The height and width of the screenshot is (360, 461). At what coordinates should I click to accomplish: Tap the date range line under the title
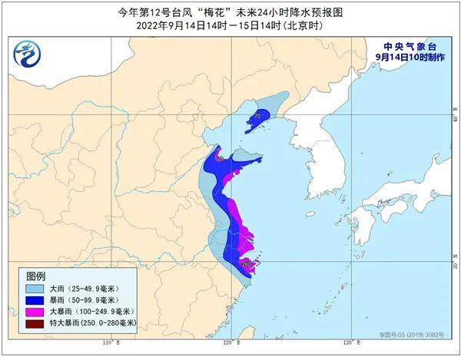(230, 25)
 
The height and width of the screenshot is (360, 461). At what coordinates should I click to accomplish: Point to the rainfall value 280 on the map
(247, 265)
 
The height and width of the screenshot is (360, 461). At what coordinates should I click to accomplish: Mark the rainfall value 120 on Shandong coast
(219, 159)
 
